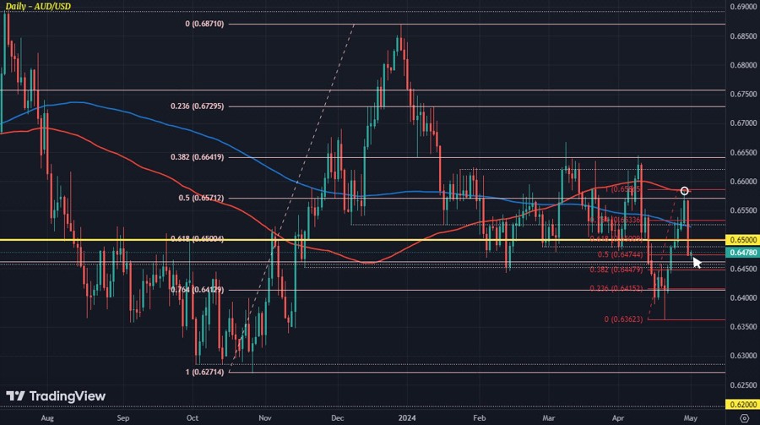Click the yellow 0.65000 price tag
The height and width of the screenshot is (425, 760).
point(741,240)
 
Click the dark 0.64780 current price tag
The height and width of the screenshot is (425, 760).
point(741,253)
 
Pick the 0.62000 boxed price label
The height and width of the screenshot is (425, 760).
point(741,405)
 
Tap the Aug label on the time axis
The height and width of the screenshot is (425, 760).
point(47,417)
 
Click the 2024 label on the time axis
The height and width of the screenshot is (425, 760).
point(407,417)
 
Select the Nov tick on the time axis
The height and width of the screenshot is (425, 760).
point(265,417)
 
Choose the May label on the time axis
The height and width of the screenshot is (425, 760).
point(690,417)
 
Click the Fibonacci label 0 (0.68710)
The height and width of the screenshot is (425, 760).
point(204,25)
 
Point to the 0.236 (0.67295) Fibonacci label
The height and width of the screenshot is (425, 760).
point(198,106)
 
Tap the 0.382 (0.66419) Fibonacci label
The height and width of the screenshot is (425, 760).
point(198,157)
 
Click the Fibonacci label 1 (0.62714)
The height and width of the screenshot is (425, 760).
point(204,372)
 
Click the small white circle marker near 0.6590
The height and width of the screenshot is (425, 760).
point(685,191)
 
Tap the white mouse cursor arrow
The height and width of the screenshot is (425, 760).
point(697,263)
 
